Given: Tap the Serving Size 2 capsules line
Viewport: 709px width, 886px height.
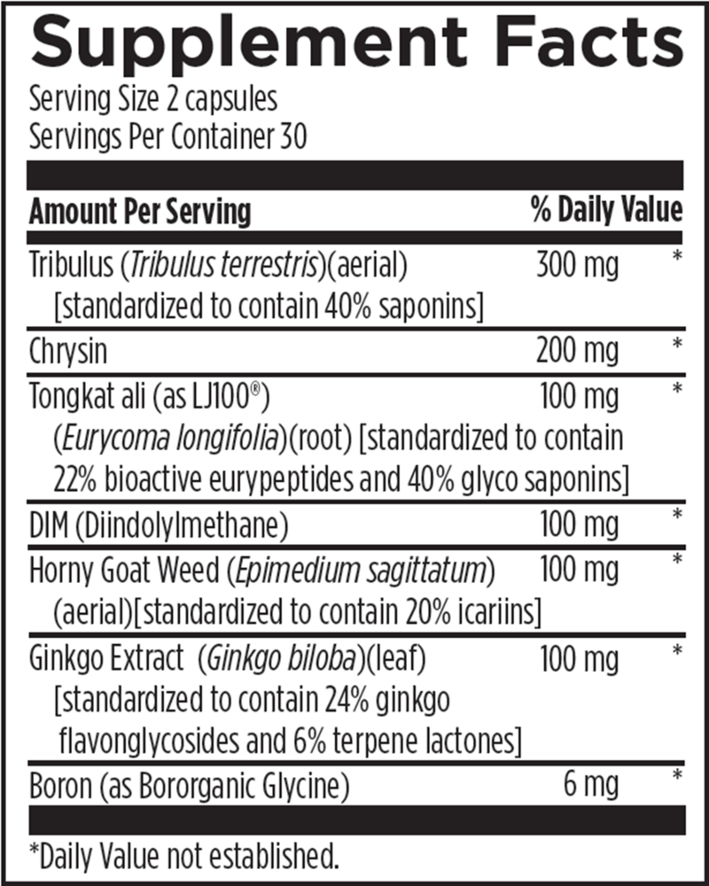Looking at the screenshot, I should point(153,98).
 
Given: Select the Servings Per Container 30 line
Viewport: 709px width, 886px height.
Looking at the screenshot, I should point(168,138).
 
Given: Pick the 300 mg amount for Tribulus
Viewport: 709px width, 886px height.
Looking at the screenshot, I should point(577,265).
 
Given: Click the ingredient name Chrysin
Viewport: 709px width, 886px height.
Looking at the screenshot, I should point(68,351).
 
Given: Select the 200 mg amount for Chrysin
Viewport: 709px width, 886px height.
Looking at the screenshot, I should point(577,351).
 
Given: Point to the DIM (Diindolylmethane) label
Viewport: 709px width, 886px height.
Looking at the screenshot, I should point(160,525).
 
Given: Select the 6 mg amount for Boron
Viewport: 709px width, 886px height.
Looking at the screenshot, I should point(591,785).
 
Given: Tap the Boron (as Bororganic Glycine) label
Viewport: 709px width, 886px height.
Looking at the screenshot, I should point(189,785).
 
